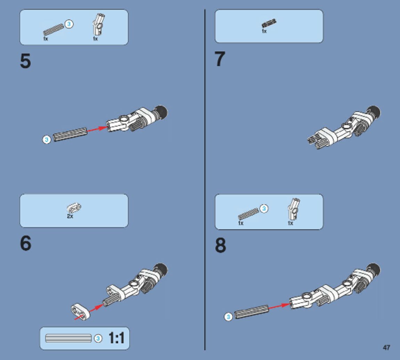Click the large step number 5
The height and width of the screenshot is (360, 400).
pos(25,61)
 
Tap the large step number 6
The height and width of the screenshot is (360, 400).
pos(25,243)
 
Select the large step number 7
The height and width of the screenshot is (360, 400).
pos(220,59)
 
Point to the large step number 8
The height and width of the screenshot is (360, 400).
pos(220,245)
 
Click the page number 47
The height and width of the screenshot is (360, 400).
pos(386,348)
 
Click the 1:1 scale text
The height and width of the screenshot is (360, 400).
pos(117,338)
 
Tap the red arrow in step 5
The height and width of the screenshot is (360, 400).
pos(97,129)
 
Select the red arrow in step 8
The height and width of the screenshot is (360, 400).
pos(279,306)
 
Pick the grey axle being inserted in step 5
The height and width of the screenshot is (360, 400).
pos(70,134)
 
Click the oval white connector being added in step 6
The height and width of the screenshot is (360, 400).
pos(80,311)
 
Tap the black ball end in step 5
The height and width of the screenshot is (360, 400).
pos(161,112)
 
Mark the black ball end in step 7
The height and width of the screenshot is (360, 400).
pos(374,112)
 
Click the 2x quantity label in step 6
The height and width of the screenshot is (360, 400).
pos(70,216)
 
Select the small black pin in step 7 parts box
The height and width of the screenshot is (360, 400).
pos(269,23)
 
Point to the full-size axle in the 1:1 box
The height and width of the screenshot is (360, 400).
pos(68,338)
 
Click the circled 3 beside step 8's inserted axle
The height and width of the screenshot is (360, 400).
pos(228,317)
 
